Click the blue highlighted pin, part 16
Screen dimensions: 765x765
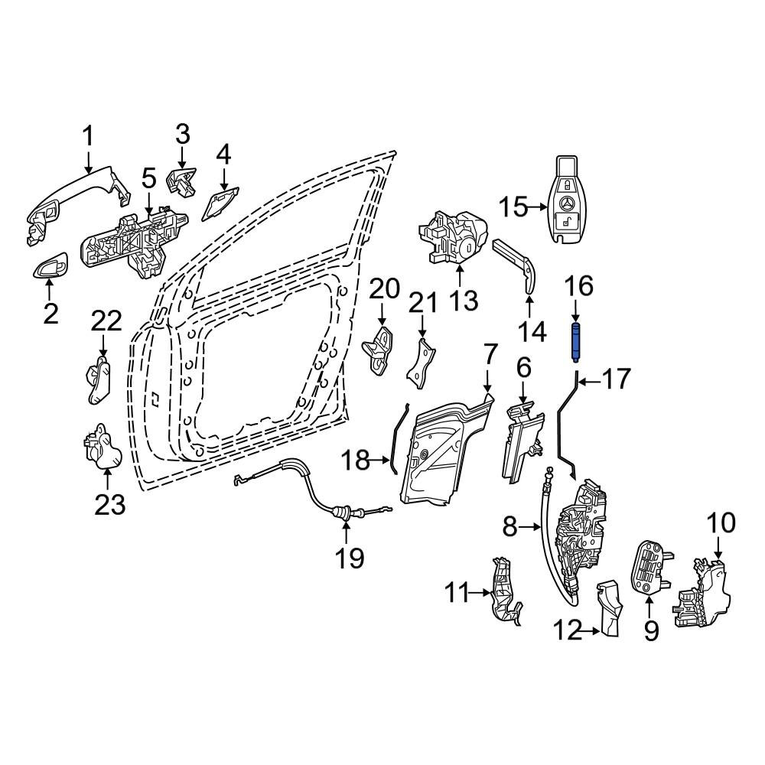coord(576,341)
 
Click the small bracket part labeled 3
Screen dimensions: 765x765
coord(181,183)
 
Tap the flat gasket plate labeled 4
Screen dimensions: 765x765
coord(220,204)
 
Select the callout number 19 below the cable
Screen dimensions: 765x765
coord(350,558)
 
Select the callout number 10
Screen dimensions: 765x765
coord(721,522)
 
